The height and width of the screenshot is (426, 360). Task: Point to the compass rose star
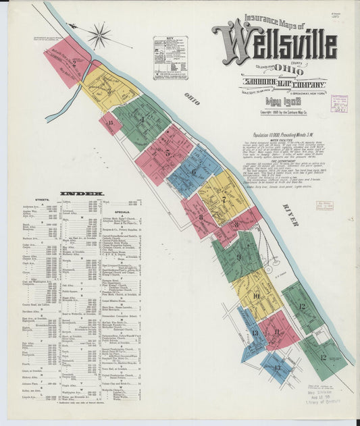(99, 35)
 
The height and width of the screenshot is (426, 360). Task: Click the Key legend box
(170, 58)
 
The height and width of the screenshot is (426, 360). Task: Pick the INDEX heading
(74, 194)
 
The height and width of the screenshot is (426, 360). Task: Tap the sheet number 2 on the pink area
(73, 64)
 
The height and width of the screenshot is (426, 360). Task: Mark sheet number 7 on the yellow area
(224, 198)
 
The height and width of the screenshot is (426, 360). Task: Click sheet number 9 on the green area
(238, 257)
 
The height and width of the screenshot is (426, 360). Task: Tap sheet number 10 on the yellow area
(256, 295)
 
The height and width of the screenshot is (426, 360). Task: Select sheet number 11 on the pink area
(278, 331)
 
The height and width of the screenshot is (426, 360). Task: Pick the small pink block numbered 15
(109, 123)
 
